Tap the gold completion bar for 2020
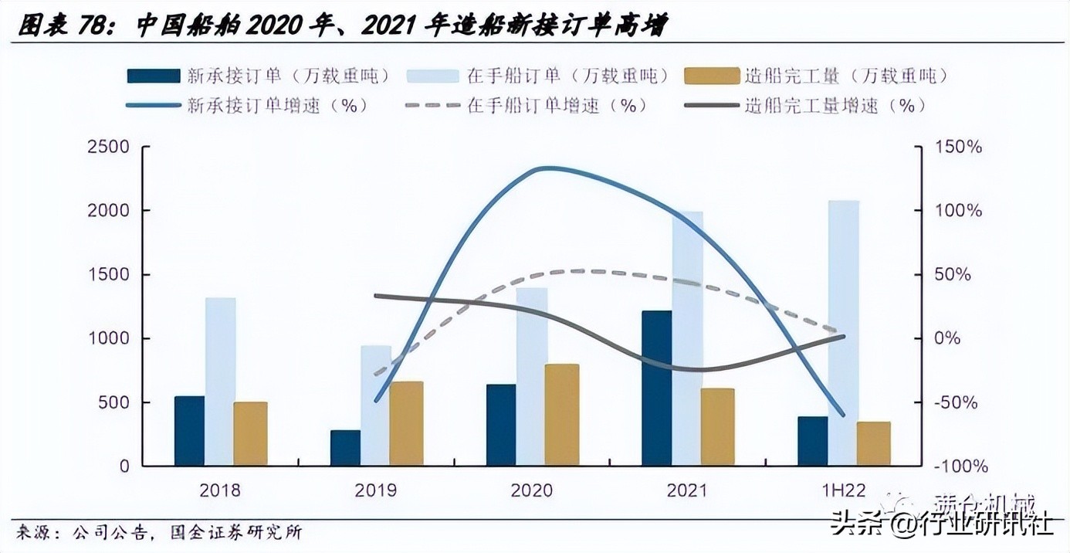click(x=563, y=415)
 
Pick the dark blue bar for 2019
click(x=345, y=448)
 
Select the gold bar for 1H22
click(x=873, y=443)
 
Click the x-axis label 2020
click(x=532, y=490)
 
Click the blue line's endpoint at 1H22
click(x=843, y=415)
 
